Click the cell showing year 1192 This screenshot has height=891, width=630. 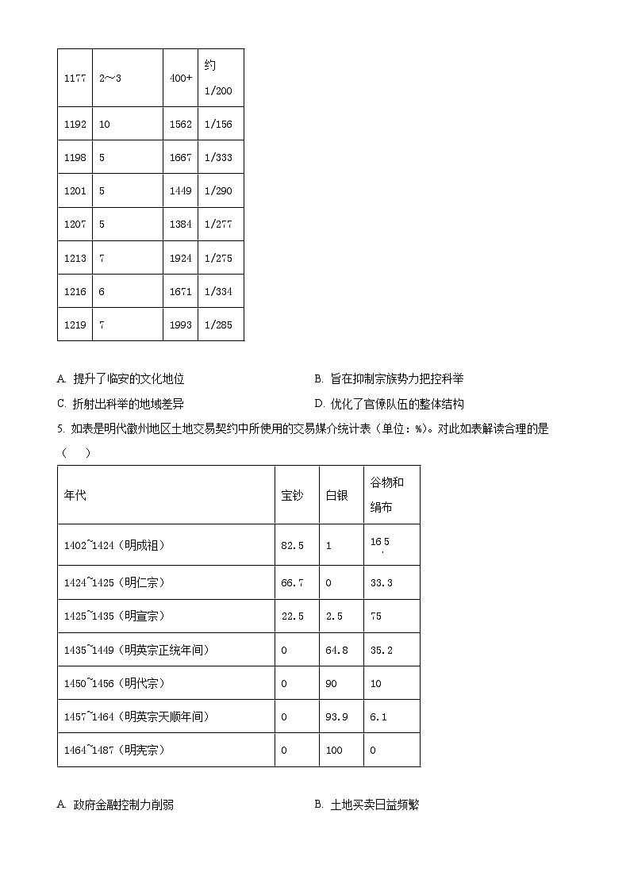[75, 125]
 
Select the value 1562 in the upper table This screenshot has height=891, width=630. [180, 125]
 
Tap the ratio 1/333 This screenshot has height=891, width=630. [218, 158]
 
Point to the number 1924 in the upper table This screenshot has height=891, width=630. [180, 258]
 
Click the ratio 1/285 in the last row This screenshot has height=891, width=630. [218, 325]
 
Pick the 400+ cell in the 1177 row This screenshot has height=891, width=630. [180, 78]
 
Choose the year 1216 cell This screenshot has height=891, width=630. [75, 291]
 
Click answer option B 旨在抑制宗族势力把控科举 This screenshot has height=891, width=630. [389, 379]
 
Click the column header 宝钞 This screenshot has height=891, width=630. [292, 495]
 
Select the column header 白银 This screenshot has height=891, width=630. [336, 495]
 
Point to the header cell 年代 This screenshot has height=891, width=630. [75, 495]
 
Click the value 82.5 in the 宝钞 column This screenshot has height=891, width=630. [292, 545]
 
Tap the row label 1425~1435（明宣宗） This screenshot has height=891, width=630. [114, 616]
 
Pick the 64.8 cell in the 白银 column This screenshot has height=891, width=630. [336, 650]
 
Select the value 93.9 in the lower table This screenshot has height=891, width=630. [336, 716]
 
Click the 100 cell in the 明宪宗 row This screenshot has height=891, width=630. [334, 750]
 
